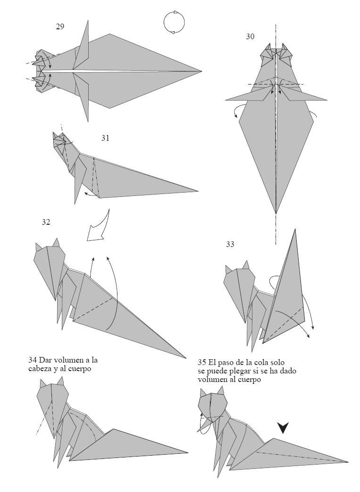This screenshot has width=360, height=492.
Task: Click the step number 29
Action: pyautogui.click(x=60, y=26)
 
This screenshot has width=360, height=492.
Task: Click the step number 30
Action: pyautogui.click(x=250, y=36)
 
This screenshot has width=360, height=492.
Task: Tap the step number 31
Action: pyautogui.click(x=105, y=138)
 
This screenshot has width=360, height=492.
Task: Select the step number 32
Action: pyautogui.click(x=46, y=222)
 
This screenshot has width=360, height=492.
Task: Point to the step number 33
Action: pyautogui.click(x=230, y=244)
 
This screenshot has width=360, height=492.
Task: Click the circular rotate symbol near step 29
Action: pyautogui.click(x=174, y=22)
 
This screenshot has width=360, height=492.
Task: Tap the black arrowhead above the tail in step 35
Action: pyautogui.click(x=283, y=428)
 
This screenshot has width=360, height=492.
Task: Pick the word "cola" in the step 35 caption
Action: pyautogui.click(x=263, y=363)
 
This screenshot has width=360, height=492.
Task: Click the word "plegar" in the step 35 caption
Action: pyautogui.click(x=246, y=371)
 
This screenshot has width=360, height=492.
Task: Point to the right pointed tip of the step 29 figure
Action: pyautogui.click(x=201, y=71)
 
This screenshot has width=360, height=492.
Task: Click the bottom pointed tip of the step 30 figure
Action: pyautogui.click(x=276, y=213)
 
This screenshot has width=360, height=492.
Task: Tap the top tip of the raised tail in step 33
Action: pyautogui.click(x=295, y=230)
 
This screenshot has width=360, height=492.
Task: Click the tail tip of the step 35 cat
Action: pyautogui.click(x=348, y=462)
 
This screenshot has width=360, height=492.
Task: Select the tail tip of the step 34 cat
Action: pyautogui.click(x=187, y=452)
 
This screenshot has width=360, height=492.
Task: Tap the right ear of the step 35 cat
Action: pyautogui.click(x=220, y=390)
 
